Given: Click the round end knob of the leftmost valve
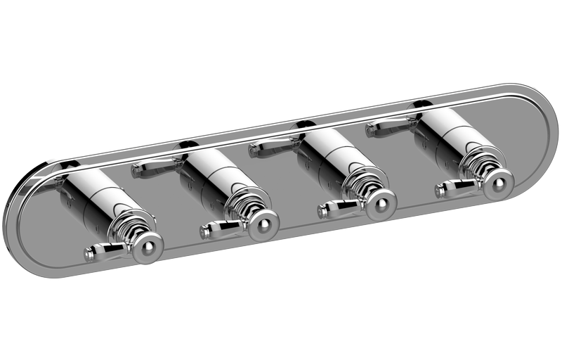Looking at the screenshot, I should [148, 244].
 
